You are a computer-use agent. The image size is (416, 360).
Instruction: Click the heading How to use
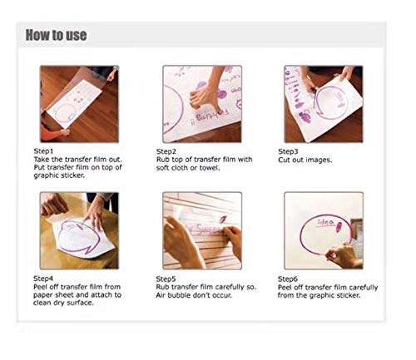56,36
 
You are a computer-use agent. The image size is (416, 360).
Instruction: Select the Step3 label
289,152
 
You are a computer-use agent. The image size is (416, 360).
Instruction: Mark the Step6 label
289,279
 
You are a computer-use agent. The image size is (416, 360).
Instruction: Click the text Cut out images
305,160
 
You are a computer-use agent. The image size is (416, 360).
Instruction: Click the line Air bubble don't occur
192,295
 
